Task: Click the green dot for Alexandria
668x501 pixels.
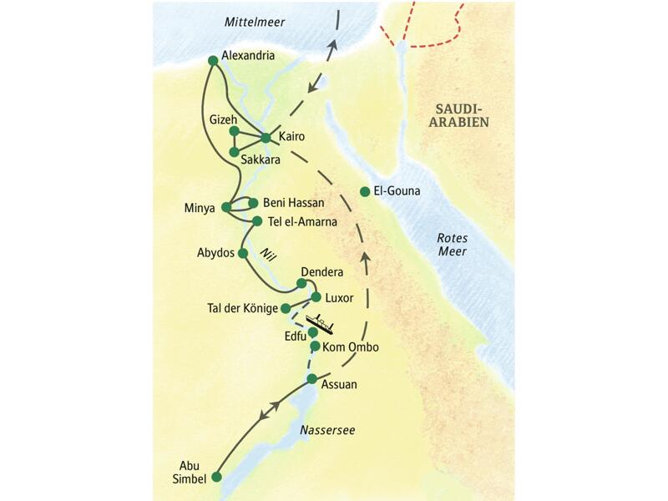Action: point(213,60)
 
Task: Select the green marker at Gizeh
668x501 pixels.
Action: point(235,131)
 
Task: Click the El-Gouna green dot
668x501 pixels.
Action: point(365,191)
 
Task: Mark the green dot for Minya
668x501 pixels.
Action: point(226,207)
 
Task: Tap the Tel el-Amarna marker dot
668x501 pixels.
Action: point(257,220)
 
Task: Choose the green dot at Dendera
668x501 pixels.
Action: point(301,283)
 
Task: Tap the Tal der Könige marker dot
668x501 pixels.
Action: point(286,308)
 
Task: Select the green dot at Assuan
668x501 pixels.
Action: point(311,379)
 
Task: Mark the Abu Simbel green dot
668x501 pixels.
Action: point(216,477)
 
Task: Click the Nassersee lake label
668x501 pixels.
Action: point(327,430)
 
